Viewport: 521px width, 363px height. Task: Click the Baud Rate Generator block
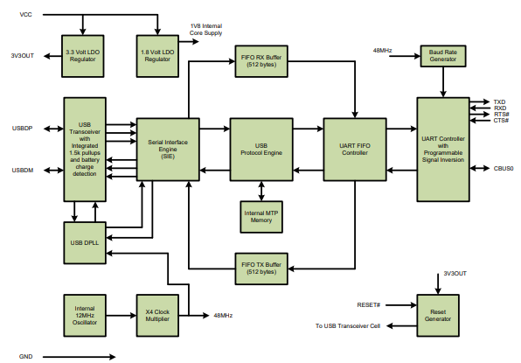[443, 56]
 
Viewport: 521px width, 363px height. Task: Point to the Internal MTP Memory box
[261, 215]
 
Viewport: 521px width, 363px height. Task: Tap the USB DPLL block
[85, 242]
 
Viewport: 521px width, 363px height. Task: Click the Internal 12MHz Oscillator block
[85, 315]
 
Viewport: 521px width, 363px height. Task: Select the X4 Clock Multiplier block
[159, 315]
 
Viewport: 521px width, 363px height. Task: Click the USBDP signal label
[22, 129]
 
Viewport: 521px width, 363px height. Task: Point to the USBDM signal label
[22, 169]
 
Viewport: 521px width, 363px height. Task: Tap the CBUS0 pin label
[504, 168]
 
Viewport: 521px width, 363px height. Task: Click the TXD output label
[499, 101]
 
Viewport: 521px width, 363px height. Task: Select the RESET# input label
[369, 304]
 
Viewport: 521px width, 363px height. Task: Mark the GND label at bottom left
[25, 356]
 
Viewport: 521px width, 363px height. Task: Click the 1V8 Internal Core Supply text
[206, 30]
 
